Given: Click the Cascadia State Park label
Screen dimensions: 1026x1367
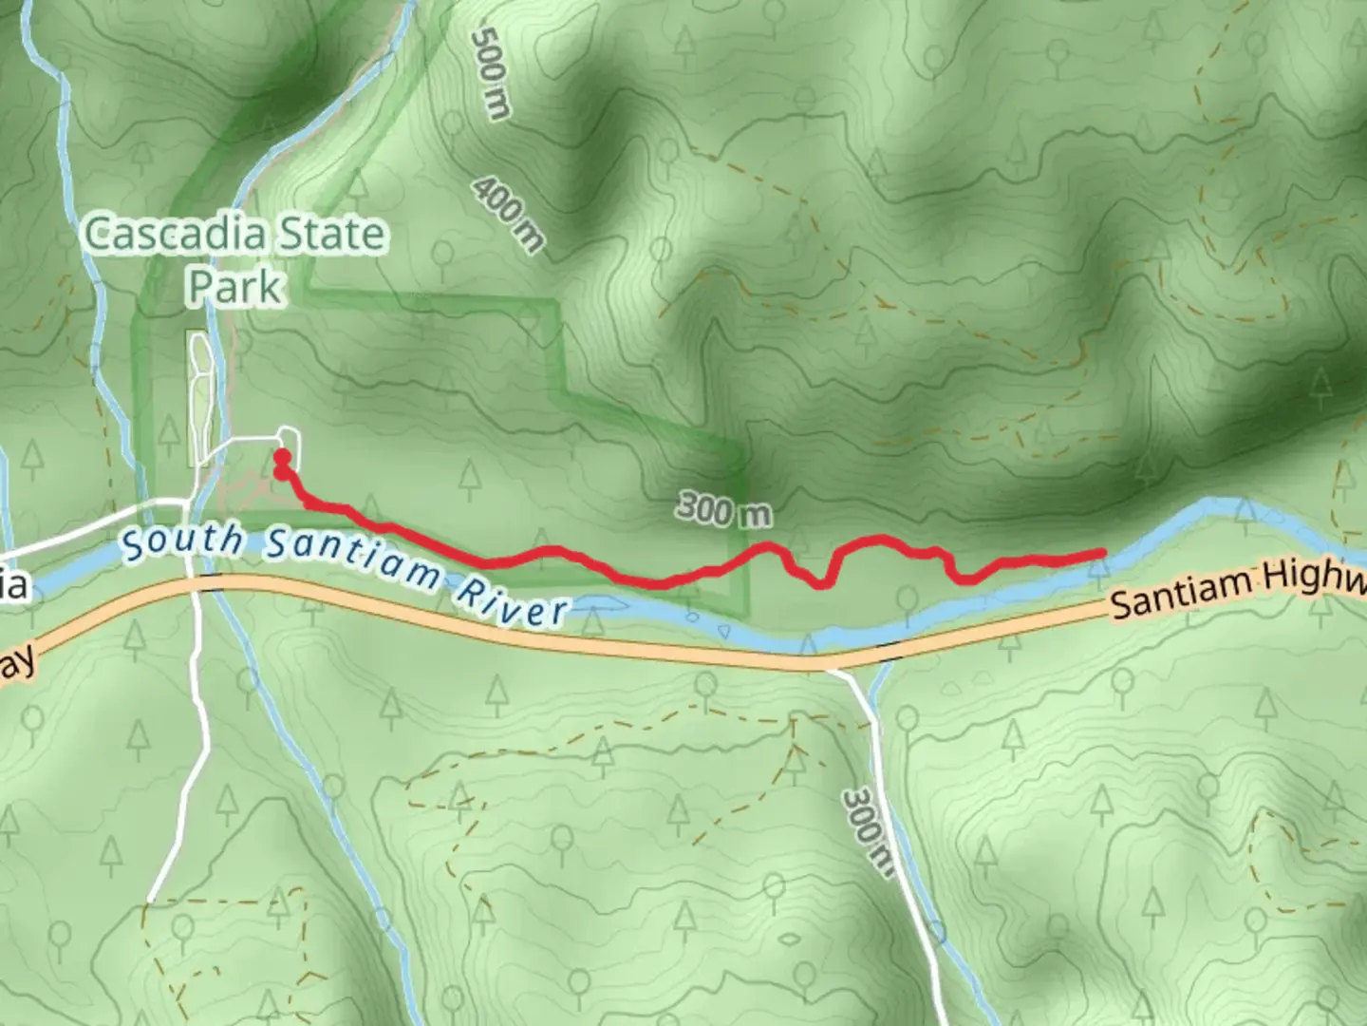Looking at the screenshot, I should tap(235, 259).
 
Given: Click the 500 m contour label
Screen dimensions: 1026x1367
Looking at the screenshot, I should tap(491, 73).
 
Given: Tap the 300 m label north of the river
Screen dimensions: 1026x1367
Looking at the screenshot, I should tap(723, 511).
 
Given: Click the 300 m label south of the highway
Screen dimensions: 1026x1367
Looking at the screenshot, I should tap(866, 830).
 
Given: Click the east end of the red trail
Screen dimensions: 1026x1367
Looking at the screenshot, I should tap(1101, 553).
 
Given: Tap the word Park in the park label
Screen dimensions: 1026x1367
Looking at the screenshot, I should tap(235, 286).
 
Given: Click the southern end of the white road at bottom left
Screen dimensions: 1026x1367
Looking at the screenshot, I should tap(150, 900).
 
